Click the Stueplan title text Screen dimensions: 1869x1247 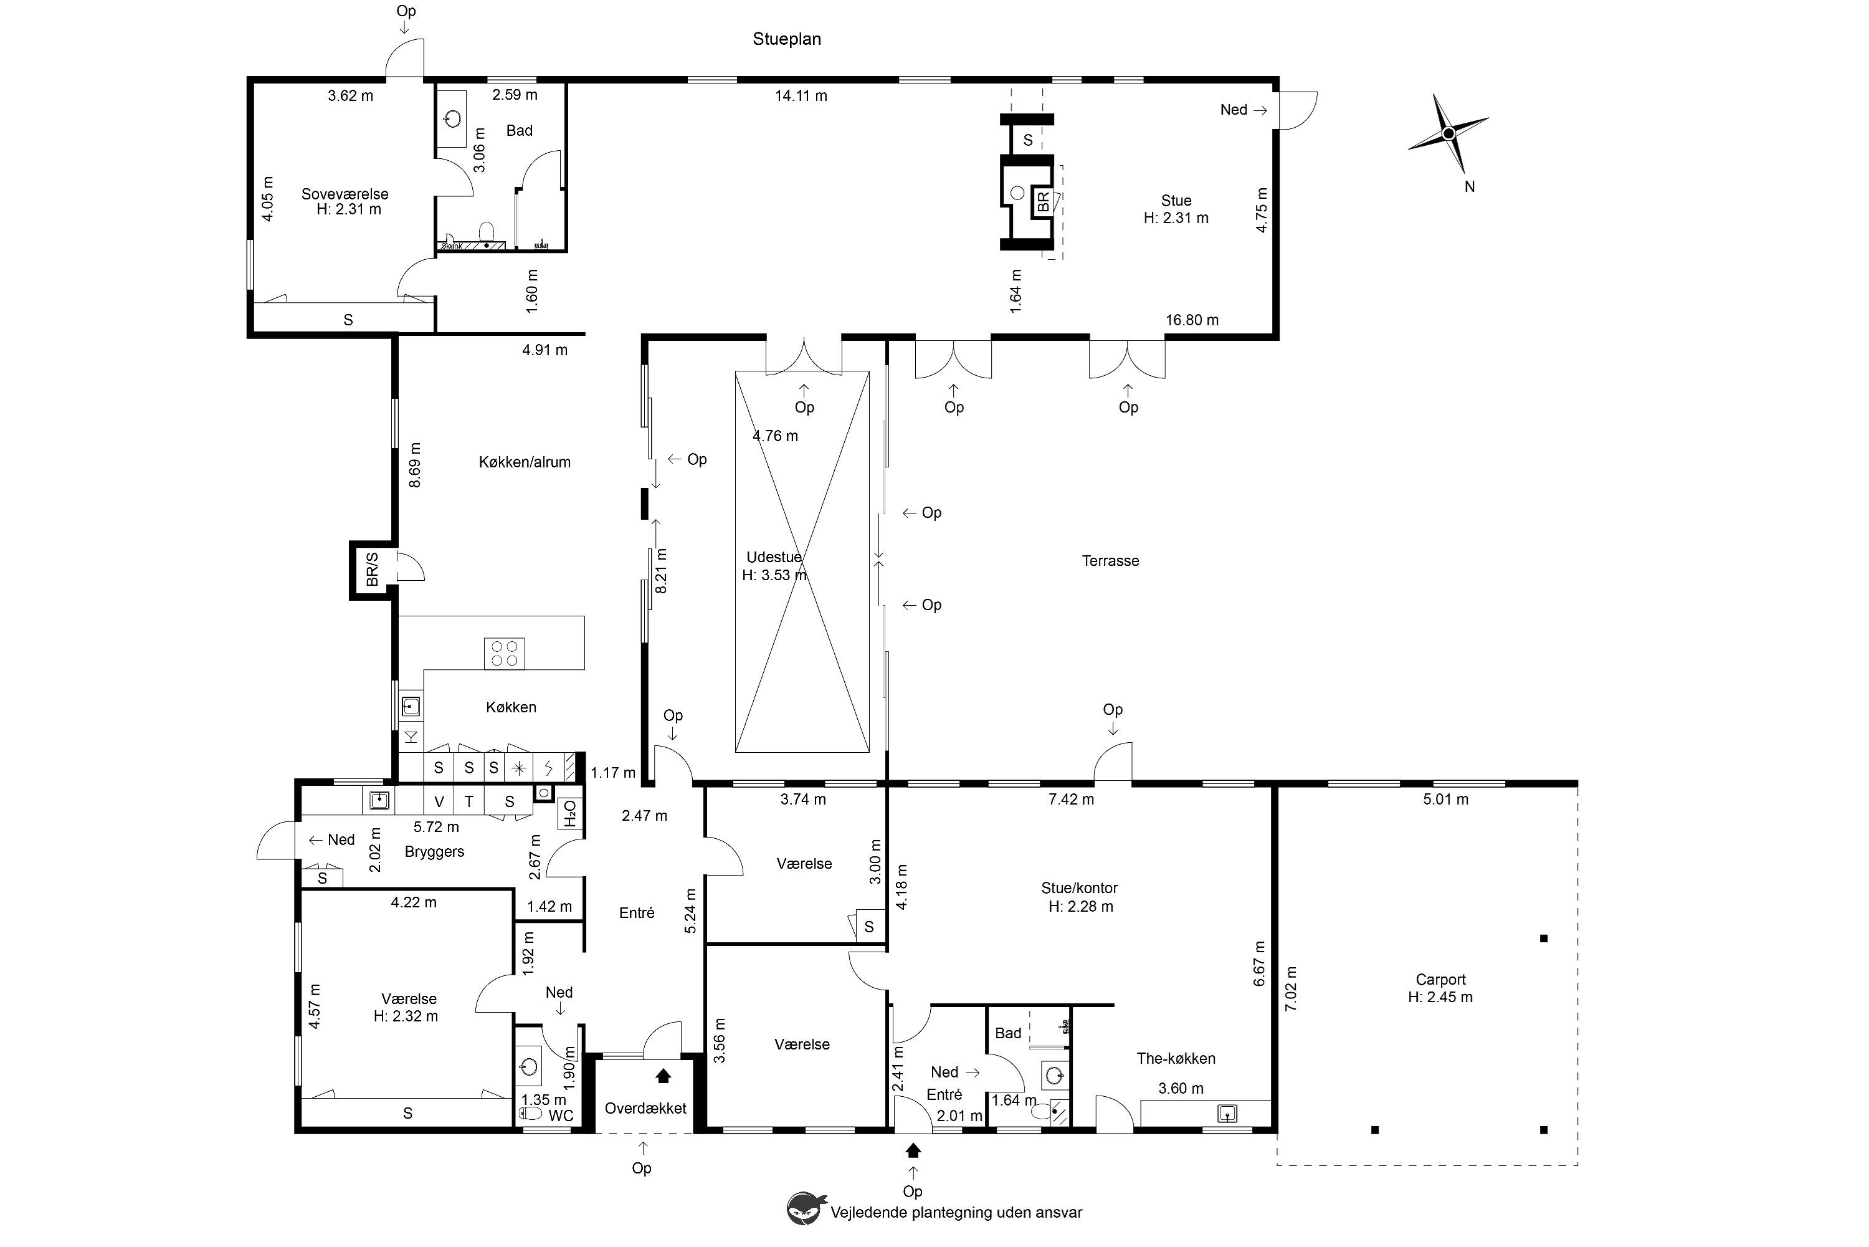click(x=786, y=39)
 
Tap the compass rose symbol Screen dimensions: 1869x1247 click(x=1448, y=133)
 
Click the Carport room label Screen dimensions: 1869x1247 click(x=1440, y=980)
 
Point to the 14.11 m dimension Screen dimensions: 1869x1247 click(x=801, y=95)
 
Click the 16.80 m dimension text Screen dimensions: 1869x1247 click(x=1192, y=320)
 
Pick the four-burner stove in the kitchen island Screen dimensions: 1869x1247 click(x=504, y=654)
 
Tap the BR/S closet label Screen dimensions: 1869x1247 click(x=372, y=570)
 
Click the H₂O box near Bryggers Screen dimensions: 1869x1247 click(x=570, y=813)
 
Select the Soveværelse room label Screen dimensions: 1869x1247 click(x=345, y=193)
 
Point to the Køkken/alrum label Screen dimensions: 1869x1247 click(x=525, y=462)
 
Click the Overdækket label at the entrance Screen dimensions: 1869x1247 click(x=645, y=1108)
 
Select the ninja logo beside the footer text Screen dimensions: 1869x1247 click(x=806, y=1208)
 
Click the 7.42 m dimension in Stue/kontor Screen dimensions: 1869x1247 click(x=1071, y=800)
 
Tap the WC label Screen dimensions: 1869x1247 click(x=561, y=1116)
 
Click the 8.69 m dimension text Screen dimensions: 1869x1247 click(x=414, y=466)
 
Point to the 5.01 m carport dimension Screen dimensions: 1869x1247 click(x=1445, y=800)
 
